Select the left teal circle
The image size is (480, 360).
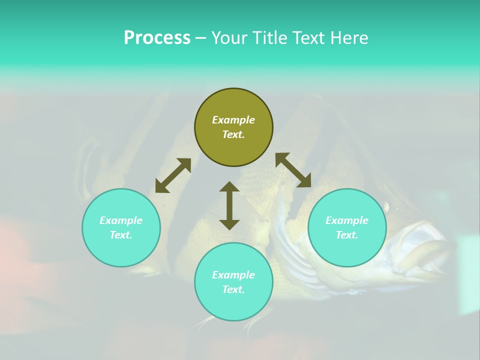point(121,227)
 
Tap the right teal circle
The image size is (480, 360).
point(347,227)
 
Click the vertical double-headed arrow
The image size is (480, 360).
point(229,205)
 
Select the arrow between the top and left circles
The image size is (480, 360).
point(173,175)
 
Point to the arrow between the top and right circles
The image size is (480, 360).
point(293,170)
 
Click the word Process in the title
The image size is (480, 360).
point(157,38)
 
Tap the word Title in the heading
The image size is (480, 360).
point(271,38)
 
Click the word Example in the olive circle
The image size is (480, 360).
point(233,120)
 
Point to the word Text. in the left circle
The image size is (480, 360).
point(121,235)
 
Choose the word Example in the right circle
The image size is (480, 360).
point(347,220)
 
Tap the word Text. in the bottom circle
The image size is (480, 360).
point(233,289)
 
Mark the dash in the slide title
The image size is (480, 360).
point(200,38)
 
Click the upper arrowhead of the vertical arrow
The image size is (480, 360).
point(229,187)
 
